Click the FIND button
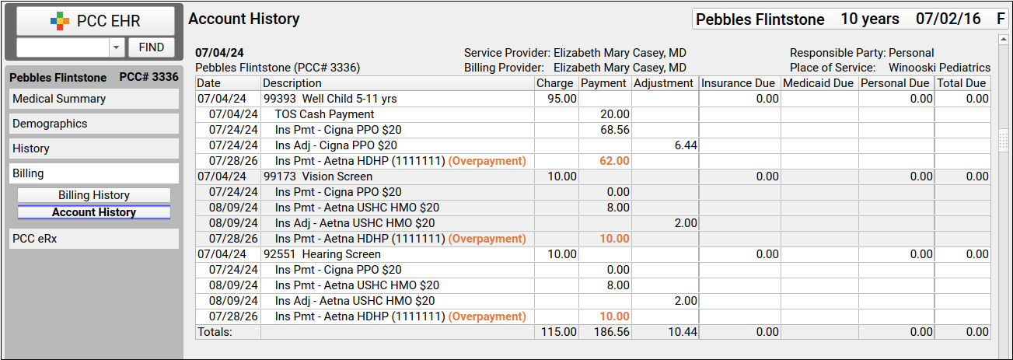(x=151, y=47)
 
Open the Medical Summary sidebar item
(x=94, y=99)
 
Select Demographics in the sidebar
(x=94, y=124)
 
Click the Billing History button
(x=94, y=195)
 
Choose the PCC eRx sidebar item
(x=94, y=239)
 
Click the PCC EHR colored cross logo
(x=60, y=21)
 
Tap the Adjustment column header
(x=663, y=83)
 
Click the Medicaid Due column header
(x=818, y=83)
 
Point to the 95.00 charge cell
(x=561, y=99)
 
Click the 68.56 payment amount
(x=615, y=130)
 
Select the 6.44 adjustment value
(x=686, y=145)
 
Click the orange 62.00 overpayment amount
(x=615, y=161)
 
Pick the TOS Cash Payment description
(x=324, y=114)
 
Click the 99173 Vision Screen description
(x=318, y=177)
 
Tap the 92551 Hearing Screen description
(x=322, y=254)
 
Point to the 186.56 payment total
(x=611, y=332)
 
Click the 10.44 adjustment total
(x=683, y=332)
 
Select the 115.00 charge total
(x=559, y=332)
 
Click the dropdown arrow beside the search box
(x=116, y=47)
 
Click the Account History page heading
(x=244, y=19)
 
